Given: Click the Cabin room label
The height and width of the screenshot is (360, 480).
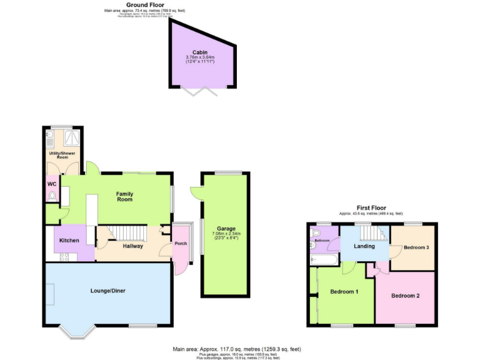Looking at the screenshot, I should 200,52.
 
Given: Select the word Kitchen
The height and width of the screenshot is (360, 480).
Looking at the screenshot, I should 69,241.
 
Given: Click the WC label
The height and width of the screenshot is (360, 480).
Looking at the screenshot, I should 51,184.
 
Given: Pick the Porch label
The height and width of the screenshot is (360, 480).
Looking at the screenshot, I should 181,244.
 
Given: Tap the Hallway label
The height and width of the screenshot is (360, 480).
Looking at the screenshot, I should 132,246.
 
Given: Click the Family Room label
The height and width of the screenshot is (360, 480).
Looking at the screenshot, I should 125,197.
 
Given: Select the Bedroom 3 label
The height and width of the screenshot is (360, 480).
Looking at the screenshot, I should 416,247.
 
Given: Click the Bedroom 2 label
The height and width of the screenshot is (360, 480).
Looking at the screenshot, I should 405,296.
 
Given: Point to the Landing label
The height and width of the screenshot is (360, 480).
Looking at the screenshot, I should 364,246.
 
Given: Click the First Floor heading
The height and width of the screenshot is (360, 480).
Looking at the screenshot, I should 371,208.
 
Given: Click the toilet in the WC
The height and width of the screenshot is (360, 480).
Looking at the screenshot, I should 52,197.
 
